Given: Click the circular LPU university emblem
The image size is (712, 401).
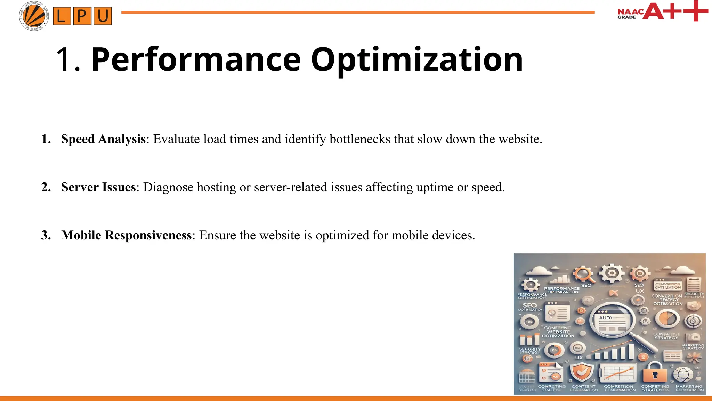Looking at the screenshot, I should click(34, 16).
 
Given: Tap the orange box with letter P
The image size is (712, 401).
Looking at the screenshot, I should click(82, 16).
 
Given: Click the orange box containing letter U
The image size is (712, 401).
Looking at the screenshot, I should click(103, 16).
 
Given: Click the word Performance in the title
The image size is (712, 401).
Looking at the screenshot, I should click(196, 60).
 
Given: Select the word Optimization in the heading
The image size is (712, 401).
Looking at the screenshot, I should click(416, 60).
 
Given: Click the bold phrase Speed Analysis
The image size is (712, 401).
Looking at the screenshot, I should click(103, 139).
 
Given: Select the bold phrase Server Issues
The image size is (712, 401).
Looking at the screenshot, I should click(98, 187).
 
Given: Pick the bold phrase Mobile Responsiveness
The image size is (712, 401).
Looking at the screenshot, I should click(127, 235).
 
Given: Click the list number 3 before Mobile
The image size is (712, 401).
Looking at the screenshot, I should click(46, 235).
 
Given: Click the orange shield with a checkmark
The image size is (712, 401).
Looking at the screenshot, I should click(582, 372).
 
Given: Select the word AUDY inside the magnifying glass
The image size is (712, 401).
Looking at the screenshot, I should click(606, 318).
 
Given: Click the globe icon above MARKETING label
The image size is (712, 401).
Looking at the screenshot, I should click(683, 375).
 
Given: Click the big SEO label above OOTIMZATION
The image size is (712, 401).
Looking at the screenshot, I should click(529, 305).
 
